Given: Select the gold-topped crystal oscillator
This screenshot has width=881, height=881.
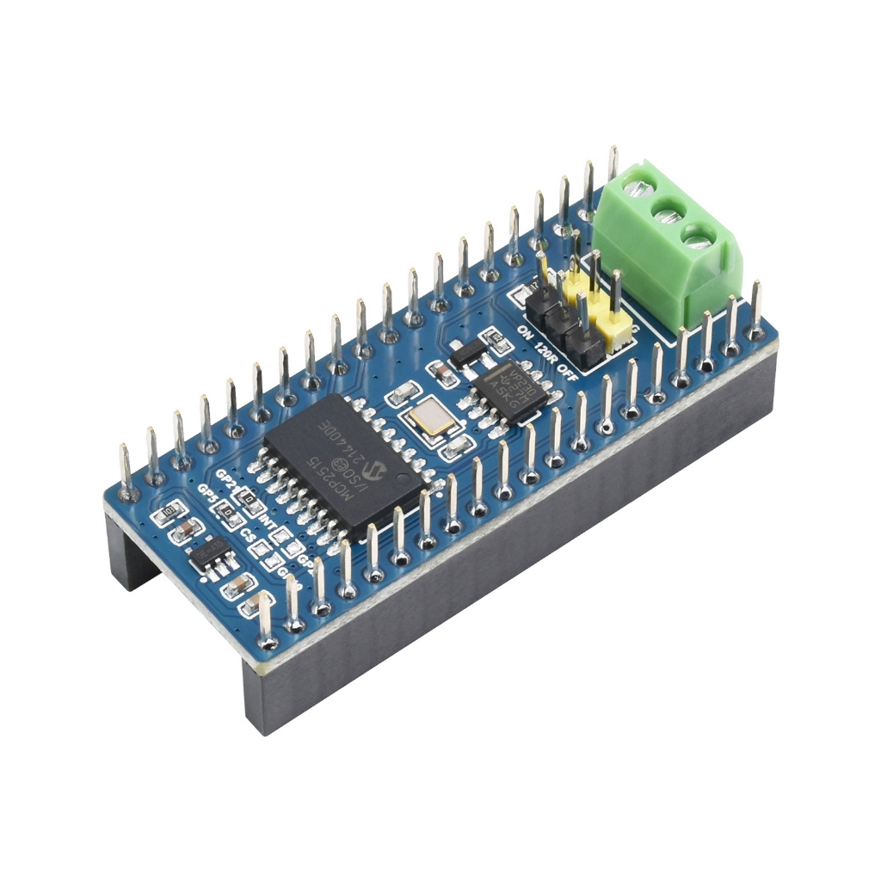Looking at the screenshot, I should point(428,420).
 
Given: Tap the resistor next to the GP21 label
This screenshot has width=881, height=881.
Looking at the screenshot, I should point(249,498).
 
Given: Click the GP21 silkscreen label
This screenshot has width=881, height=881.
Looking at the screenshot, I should point(226,476).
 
